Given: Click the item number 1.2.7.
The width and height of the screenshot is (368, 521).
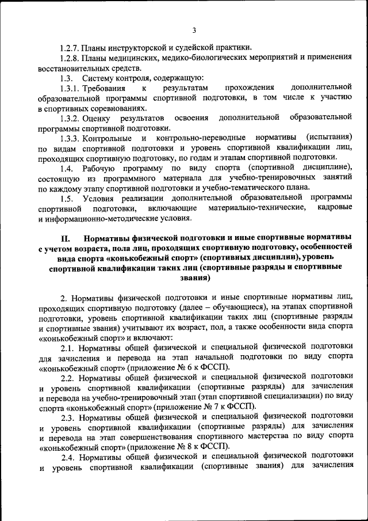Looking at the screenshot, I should point(70,47).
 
